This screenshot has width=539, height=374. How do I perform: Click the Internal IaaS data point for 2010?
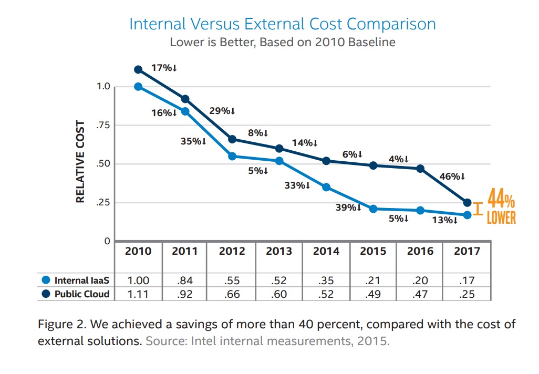coord(138,87)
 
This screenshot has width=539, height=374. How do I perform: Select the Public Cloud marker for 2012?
coord(232,139)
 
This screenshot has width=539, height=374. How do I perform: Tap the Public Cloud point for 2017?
coord(467,202)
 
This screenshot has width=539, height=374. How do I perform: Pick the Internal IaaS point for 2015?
coord(374,209)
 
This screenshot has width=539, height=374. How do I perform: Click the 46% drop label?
coord(452,176)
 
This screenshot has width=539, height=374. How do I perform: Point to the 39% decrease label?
coord(348,207)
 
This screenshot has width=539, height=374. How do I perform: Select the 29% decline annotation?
coord(222,111)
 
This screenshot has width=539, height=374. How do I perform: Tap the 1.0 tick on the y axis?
coord(103,87)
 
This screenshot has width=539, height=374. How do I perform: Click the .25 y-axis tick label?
coord(103,203)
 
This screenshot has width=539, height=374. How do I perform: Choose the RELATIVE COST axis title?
coord(80,162)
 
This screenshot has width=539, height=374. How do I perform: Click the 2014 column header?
coord(326,251)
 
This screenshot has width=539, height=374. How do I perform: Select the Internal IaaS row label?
coord(81,280)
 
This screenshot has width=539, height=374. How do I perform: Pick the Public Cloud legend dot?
coord(46,294)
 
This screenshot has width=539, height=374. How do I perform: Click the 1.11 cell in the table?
coord(138,294)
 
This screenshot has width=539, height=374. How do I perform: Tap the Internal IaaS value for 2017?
coord(467,280)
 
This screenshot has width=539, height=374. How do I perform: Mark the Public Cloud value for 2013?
coord(279,294)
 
